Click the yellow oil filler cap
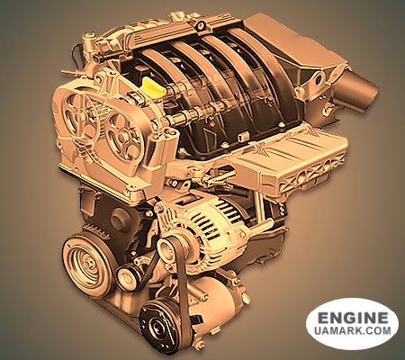[153, 86]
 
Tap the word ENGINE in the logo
[353, 318]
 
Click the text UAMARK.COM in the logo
[353, 330]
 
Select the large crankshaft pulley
[88, 264]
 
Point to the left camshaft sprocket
[78, 115]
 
